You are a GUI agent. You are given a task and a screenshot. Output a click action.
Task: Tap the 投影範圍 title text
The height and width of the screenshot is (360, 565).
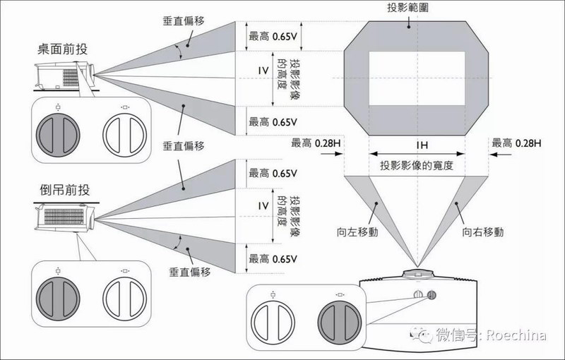click(x=408, y=7)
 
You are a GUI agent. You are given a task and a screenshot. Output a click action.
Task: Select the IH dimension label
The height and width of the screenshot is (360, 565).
click(x=417, y=144)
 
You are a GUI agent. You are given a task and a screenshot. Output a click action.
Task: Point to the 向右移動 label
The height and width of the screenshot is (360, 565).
click(x=482, y=231)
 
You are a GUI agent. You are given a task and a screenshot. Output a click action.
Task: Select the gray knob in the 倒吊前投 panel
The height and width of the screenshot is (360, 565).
click(x=56, y=296)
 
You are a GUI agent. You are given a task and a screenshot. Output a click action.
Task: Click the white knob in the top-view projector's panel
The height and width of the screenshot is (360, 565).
click(x=273, y=318)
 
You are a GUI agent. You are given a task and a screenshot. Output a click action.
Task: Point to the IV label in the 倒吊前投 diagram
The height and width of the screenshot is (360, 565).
click(x=262, y=206)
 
